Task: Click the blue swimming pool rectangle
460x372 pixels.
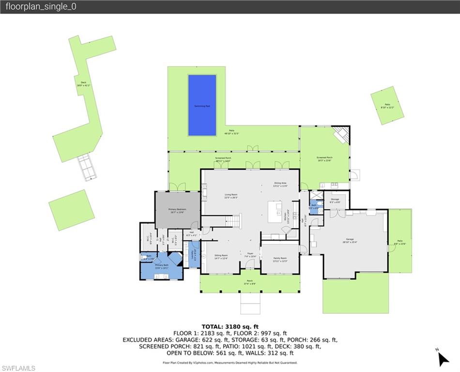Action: (x=202, y=105)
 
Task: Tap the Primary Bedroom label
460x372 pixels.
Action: (x=177, y=210)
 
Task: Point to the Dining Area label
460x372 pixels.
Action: (x=280, y=185)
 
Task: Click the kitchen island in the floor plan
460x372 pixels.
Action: (x=275, y=212)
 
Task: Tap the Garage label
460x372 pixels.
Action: (x=350, y=241)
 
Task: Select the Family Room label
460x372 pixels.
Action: (x=280, y=259)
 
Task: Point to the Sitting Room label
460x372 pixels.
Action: (x=221, y=256)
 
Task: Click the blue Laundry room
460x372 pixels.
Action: (x=194, y=254)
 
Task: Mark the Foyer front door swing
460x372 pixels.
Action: (x=250, y=264)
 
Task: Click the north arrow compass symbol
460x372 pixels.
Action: (x=443, y=358)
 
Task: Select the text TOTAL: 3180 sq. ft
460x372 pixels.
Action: (x=230, y=326)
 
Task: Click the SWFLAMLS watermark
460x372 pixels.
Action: (x=18, y=368)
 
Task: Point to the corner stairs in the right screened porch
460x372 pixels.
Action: (x=341, y=135)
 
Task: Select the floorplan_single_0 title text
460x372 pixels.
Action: (x=41, y=7)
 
